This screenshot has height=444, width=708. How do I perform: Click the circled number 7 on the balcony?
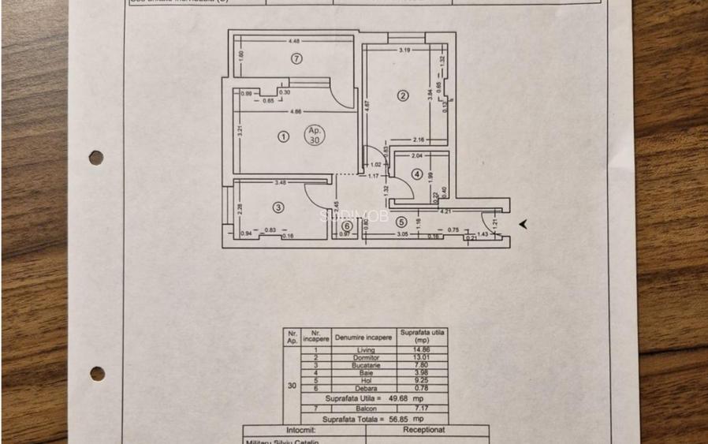(296, 58)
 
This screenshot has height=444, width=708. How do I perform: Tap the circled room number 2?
(403, 96)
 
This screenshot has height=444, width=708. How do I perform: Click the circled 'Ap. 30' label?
(315, 135)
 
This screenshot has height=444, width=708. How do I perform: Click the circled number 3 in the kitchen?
(278, 207)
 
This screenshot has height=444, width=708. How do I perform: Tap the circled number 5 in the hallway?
(401, 222)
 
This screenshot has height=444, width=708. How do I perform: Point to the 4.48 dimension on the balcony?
(294, 40)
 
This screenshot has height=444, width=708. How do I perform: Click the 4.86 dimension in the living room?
(295, 111)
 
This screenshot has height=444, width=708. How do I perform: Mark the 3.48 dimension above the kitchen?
(280, 183)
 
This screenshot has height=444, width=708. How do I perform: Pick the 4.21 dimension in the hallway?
(445, 211)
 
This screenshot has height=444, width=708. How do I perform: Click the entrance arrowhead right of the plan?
(523, 225)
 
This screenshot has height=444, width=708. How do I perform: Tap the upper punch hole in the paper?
(96, 158)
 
